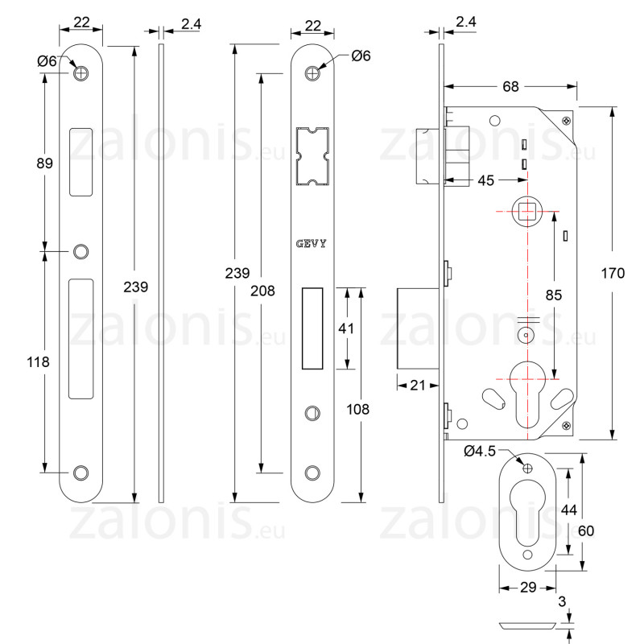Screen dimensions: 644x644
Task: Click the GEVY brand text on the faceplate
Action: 312,244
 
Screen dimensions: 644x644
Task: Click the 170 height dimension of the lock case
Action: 613,273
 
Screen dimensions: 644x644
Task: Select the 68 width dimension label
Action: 510,87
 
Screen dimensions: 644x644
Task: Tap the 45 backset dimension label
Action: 486,180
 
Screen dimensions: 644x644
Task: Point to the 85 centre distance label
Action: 554,295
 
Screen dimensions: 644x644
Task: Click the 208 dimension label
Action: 262,291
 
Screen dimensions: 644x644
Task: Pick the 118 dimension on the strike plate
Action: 38,361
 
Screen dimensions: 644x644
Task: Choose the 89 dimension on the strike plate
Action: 45,163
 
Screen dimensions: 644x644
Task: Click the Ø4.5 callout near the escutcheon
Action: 480,451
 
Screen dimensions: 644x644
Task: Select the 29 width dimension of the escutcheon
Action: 528,588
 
